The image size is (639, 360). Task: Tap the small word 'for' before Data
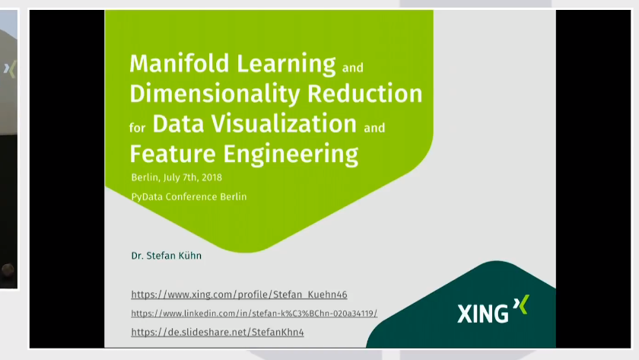137,128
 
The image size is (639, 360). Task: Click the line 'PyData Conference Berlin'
189,196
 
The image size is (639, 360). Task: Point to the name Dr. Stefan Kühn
166,256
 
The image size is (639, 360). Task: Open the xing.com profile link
239,295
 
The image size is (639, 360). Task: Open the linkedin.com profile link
254,314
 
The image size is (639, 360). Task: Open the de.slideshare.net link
218,333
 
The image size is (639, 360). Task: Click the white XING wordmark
483,314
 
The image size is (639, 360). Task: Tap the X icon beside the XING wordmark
520,306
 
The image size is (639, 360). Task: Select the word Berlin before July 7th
145,177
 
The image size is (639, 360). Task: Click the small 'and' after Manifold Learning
353,68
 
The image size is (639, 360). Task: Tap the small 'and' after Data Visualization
374,128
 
